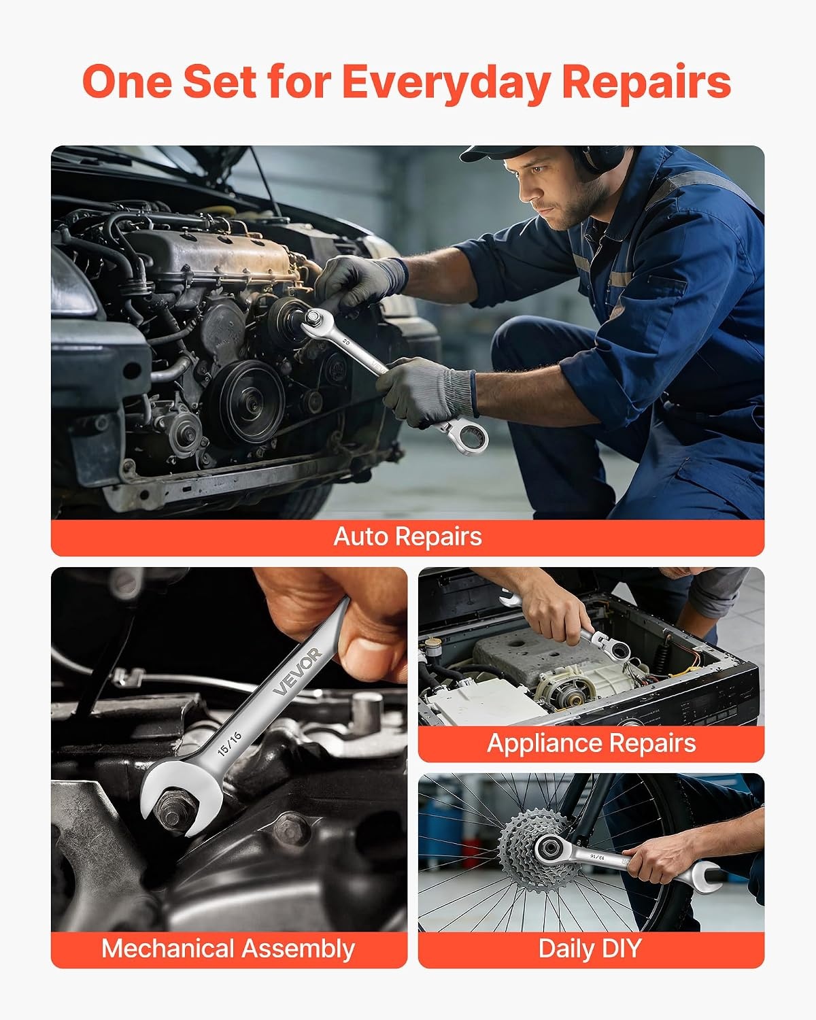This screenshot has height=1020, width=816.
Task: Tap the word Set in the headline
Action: pos(220,82)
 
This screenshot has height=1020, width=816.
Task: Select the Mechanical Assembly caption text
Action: pos(228,948)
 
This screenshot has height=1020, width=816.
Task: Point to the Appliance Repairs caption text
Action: pos(591,743)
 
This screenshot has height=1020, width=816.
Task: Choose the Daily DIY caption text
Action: pos(590,948)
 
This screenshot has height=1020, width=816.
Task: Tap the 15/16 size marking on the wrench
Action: pos(229,743)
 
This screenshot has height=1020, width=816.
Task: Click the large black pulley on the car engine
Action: pos(245,403)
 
